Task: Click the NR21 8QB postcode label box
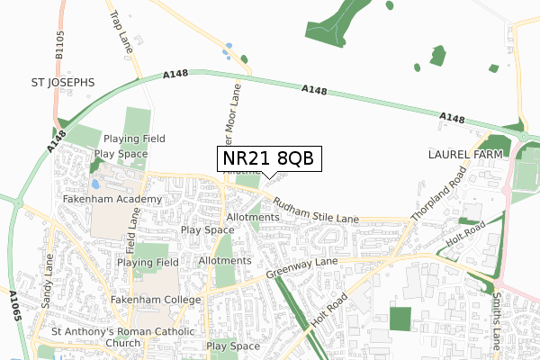pos(266,159)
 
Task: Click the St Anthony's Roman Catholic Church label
pos(123,337)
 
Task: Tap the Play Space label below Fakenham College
pos(233,346)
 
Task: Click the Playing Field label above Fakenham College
pos(148,263)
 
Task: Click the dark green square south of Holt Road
pos(400,319)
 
